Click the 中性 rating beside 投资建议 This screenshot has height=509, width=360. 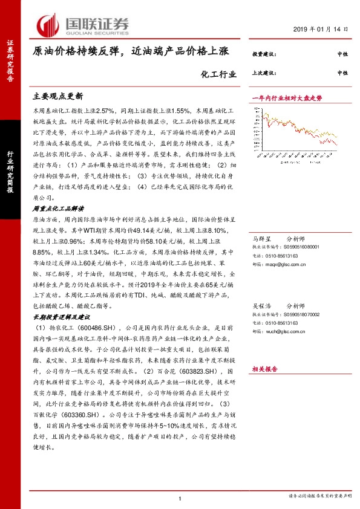point(342,55)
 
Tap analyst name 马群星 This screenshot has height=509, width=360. point(261,238)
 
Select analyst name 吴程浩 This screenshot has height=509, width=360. point(261,305)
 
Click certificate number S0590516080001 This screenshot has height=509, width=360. point(303,247)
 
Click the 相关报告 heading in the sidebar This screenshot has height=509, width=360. point(264,368)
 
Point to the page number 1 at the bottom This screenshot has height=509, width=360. point(180,498)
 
